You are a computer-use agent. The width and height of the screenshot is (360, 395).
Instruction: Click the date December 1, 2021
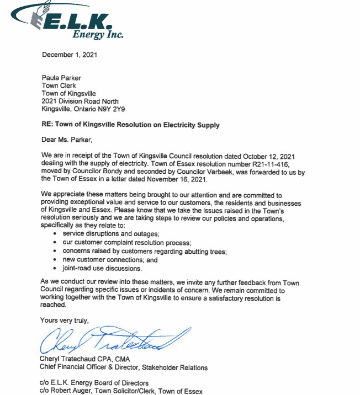click(68, 55)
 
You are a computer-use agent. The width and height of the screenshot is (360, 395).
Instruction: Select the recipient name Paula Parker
click(61, 78)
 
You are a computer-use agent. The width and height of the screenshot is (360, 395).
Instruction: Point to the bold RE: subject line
click(130, 125)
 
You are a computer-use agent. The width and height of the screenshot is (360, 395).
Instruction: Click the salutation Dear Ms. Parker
click(68, 140)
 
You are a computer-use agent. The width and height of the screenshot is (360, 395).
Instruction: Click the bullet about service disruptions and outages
click(102, 234)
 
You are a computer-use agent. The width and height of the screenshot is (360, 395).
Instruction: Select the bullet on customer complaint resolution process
click(126, 243)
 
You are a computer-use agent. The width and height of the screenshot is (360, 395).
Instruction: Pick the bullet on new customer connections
click(110, 260)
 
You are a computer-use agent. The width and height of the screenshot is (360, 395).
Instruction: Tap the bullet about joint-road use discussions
click(102, 269)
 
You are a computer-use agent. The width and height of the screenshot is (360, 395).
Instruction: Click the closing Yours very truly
click(64, 320)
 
